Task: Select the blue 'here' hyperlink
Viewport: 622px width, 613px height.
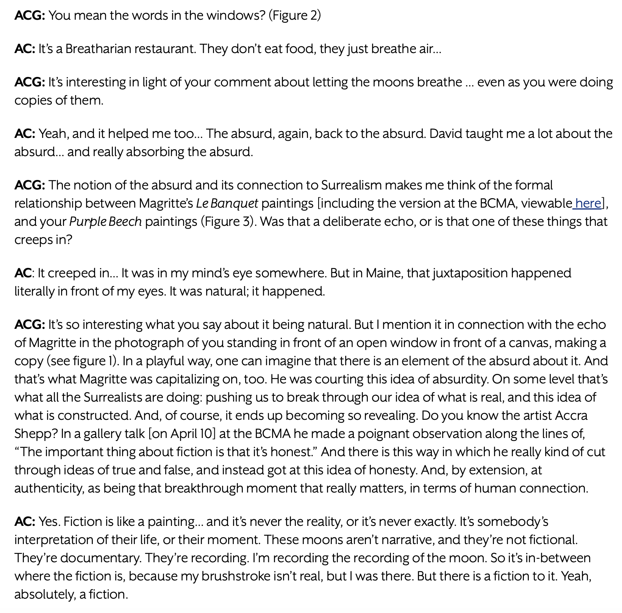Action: [x=588, y=203]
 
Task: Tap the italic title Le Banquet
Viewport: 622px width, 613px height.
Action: [x=227, y=203]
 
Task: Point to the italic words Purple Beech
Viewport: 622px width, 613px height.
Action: [x=105, y=222]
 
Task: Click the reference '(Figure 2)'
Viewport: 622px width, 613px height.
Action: [x=295, y=16]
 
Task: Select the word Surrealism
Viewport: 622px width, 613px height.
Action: [x=351, y=185]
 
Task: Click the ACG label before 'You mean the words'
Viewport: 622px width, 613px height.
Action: [x=30, y=16]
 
